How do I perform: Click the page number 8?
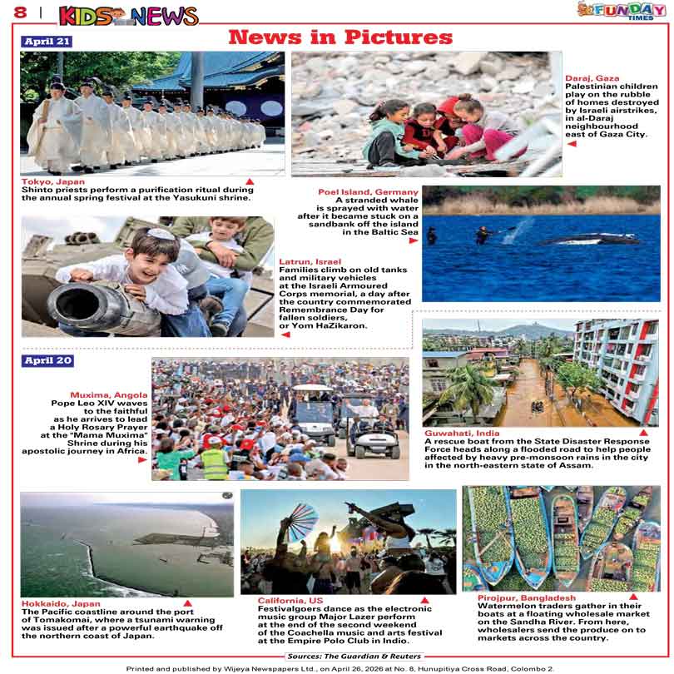pyautogui.click(x=18, y=13)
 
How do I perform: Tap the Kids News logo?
pyautogui.click(x=129, y=15)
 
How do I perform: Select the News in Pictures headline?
pyautogui.click(x=339, y=37)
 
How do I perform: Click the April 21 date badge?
pyautogui.click(x=47, y=42)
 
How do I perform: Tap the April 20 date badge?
pyautogui.click(x=47, y=360)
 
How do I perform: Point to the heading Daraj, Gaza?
pyautogui.click(x=592, y=78)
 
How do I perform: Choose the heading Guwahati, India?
pyautogui.click(x=462, y=434)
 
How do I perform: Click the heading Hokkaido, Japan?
pyautogui.click(x=61, y=604)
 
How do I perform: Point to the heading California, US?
pyautogui.click(x=290, y=600)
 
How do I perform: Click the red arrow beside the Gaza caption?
pyautogui.click(x=572, y=144)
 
